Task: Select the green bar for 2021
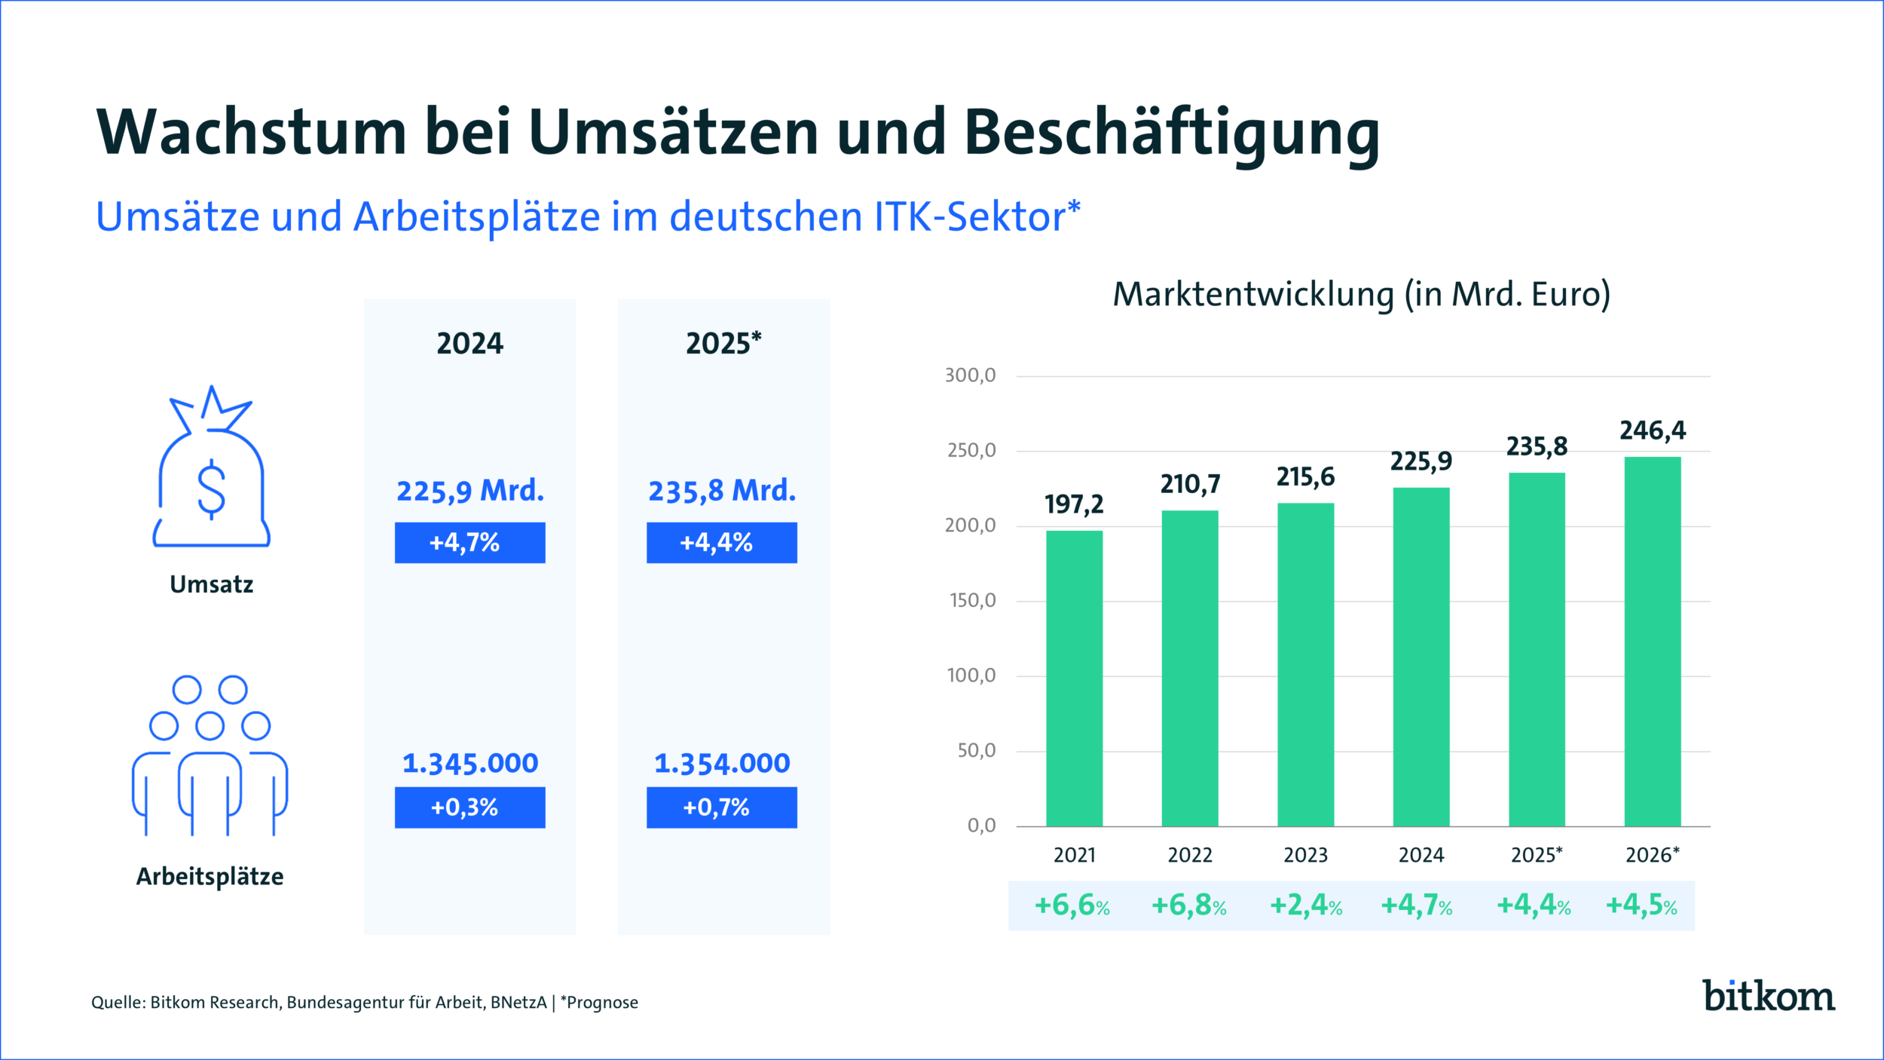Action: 1074,679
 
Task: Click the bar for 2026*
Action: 1653,641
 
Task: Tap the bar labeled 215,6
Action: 1305,663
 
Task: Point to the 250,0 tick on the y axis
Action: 971,451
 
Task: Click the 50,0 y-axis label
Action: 976,751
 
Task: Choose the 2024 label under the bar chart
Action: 1421,855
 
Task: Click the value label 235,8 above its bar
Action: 1537,446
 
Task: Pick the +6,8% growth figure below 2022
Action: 1188,905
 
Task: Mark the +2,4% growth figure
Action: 1306,905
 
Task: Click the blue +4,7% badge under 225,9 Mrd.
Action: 469,542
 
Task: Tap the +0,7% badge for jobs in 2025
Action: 721,807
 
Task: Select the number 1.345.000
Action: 469,764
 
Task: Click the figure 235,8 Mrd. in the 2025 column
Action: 721,491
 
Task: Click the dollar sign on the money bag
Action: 211,489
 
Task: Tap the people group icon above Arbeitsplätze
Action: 210,754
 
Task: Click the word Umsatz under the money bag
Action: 211,584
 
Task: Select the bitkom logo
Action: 1768,996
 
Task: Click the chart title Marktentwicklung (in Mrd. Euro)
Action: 1361,294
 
